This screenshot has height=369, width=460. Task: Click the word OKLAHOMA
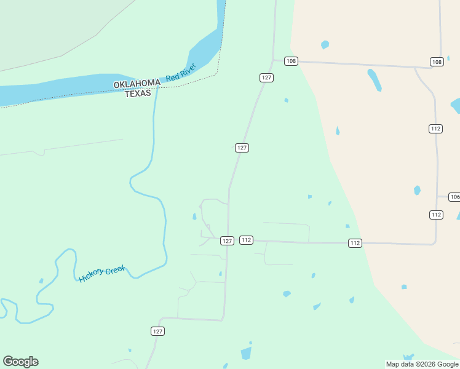click(x=137, y=84)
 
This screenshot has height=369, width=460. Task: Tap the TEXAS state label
click(x=138, y=93)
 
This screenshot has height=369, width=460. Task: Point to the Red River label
click(x=181, y=72)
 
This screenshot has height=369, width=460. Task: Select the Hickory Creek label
click(x=102, y=274)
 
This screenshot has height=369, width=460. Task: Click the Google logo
click(x=20, y=362)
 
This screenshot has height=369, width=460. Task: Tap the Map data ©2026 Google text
click(x=422, y=364)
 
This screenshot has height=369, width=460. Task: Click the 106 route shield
click(x=454, y=197)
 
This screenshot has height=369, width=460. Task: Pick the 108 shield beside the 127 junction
click(x=291, y=61)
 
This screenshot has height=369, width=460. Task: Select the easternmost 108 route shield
click(x=437, y=61)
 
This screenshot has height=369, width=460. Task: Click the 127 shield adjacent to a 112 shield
click(x=227, y=240)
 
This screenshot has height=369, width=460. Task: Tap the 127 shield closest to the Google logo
click(x=157, y=331)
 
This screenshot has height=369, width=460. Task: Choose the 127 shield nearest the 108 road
click(x=266, y=77)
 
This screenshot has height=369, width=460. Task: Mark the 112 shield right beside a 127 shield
click(x=246, y=240)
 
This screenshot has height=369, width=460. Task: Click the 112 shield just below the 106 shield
click(x=436, y=215)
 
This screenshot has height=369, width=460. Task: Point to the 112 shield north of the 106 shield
click(x=435, y=129)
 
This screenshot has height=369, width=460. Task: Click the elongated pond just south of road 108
click(x=374, y=79)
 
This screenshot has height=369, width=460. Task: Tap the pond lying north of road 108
click(x=325, y=44)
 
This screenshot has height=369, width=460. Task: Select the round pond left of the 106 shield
click(x=418, y=190)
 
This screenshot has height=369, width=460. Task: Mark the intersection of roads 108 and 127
click(x=273, y=60)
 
